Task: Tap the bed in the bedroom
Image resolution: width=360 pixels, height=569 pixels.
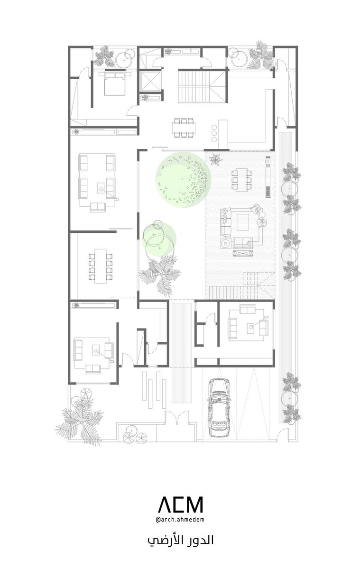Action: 115,83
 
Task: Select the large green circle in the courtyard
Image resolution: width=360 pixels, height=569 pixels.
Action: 183,180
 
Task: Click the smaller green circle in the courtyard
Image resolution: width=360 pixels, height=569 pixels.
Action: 159,239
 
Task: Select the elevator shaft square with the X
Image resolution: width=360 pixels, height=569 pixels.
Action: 151,81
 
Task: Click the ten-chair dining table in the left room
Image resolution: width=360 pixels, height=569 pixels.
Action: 101,266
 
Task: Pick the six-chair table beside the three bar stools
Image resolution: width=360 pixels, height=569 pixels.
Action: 184,128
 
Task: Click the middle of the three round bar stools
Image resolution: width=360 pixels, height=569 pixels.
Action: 214,133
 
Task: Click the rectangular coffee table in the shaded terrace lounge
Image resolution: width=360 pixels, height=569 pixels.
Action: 243,222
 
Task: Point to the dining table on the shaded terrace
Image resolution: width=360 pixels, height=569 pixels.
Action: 241,180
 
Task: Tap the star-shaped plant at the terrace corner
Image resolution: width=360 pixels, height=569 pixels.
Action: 216,159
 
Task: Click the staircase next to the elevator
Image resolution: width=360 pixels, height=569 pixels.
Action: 194,86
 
